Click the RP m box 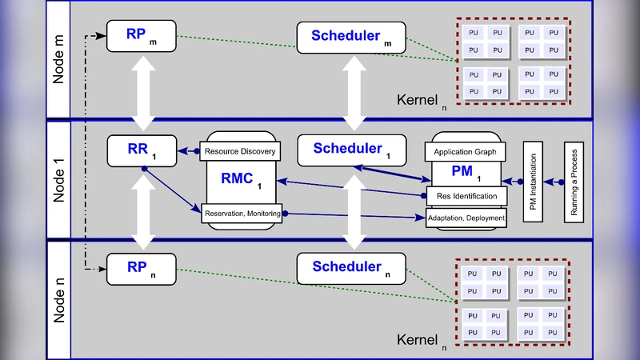click(142, 37)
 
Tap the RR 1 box click(142, 150)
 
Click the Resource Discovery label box click(239, 151)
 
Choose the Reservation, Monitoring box click(242, 213)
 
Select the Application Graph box click(465, 151)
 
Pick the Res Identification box click(466, 196)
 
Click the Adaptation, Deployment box click(466, 218)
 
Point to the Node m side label click(59, 60)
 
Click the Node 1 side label click(59, 180)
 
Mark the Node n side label click(59, 298)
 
